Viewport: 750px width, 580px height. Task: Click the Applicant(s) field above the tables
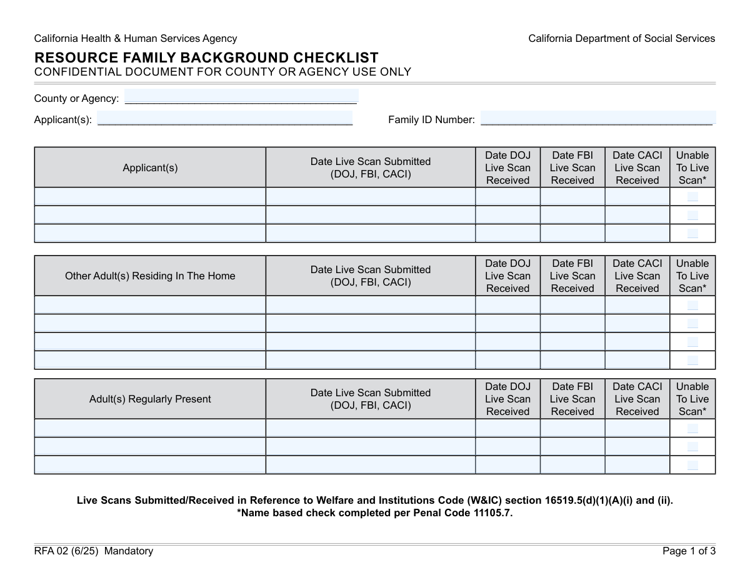tap(225, 119)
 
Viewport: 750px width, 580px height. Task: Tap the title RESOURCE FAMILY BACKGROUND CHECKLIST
tap(206, 57)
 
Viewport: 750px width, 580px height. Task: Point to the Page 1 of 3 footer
tap(689, 551)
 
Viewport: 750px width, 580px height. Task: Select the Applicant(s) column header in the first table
tap(150, 167)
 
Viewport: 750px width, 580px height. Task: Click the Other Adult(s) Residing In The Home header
tap(150, 276)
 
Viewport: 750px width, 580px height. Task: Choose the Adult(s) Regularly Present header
tap(150, 399)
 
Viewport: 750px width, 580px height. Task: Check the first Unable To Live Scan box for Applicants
tap(692, 197)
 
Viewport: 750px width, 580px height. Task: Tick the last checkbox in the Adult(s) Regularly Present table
tap(692, 465)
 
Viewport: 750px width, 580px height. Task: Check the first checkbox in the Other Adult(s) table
tap(692, 305)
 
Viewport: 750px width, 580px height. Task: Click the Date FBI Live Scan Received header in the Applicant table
tap(572, 167)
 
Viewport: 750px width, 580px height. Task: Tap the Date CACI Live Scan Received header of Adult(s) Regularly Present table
tap(637, 399)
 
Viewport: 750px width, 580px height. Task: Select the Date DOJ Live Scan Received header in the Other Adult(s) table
tap(507, 276)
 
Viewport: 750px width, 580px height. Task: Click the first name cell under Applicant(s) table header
tap(150, 197)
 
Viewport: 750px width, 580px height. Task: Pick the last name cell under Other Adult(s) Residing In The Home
tap(150, 360)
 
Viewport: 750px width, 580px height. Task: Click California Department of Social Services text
tap(621, 39)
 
